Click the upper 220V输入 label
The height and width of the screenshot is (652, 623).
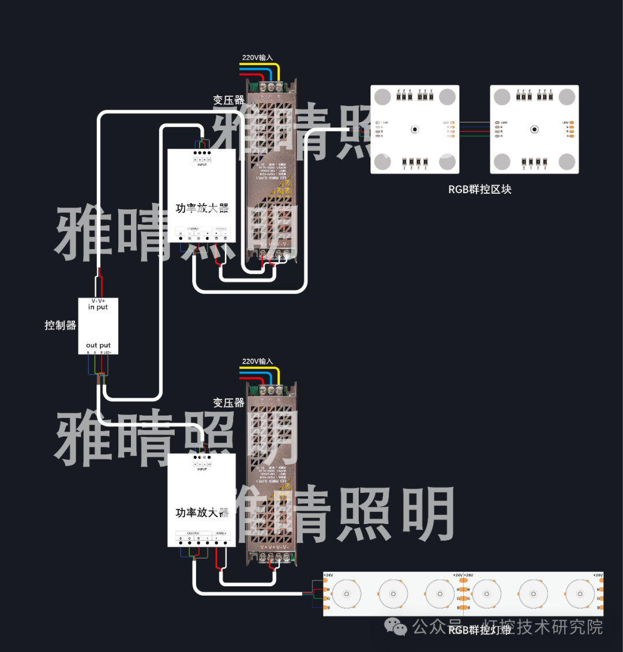[x=257, y=58]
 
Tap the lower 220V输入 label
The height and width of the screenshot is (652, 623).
[x=257, y=361]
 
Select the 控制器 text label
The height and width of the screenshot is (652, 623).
[x=61, y=325]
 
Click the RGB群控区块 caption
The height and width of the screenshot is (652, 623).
[x=480, y=189]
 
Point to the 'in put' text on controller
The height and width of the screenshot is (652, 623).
[x=98, y=307]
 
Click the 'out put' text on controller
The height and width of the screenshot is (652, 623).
[x=98, y=345]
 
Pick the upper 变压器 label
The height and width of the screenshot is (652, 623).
[x=228, y=100]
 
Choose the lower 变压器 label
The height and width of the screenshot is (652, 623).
[x=228, y=402]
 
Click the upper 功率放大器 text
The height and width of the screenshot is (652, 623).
[x=202, y=208]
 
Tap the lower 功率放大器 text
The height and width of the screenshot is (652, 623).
[x=202, y=512]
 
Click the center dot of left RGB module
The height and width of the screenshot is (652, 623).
[x=415, y=129]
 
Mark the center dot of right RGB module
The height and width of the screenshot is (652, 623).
[x=535, y=129]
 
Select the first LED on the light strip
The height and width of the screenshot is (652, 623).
[x=347, y=594]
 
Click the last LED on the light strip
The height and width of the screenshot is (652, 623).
[x=580, y=594]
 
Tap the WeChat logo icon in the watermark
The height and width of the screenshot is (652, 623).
[x=396, y=627]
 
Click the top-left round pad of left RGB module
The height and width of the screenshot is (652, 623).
[x=382, y=97]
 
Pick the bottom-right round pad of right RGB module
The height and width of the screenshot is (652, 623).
[x=568, y=162]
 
